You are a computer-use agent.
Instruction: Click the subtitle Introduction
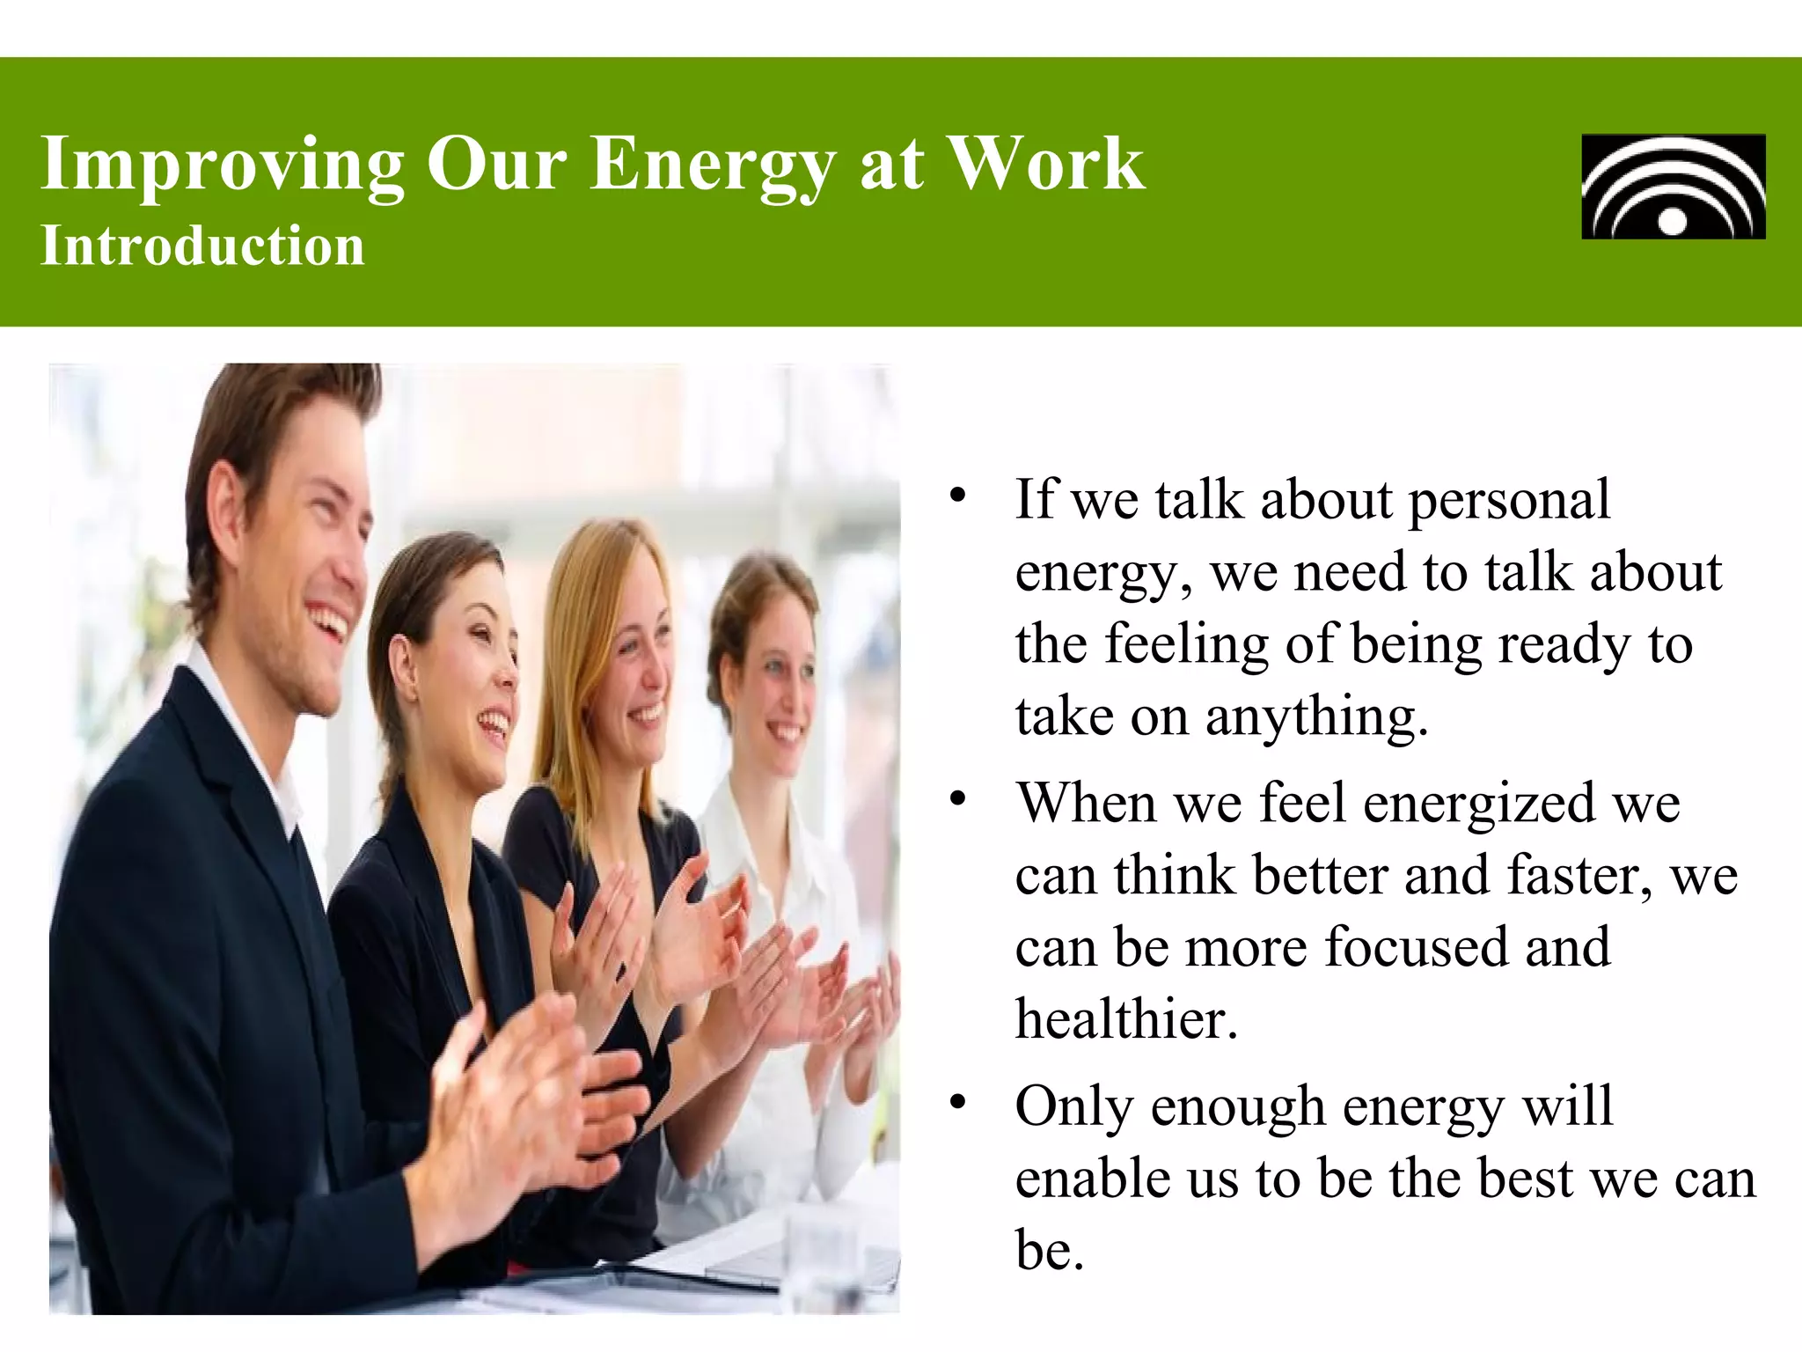202,246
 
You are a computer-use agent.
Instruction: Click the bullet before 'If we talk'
958,495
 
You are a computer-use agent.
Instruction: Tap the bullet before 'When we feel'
958,799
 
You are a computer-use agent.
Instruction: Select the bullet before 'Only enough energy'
958,1102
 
